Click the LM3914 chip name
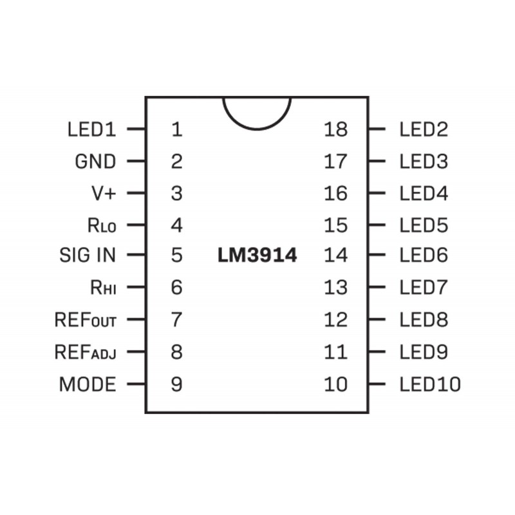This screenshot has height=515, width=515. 257,255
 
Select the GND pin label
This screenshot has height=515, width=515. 95,162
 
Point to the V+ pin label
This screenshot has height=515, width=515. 104,193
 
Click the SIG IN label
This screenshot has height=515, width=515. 88,255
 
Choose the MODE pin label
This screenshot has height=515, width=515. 88,384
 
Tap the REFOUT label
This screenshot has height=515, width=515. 86,319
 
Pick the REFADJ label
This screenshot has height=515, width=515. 86,351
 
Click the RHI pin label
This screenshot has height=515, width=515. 103,287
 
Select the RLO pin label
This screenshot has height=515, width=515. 102,225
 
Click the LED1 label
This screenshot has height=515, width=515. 91,129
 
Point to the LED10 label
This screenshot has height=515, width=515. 430,384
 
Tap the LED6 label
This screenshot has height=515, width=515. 424,255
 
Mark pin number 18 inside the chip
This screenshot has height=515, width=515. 335,129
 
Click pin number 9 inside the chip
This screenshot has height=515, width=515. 176,384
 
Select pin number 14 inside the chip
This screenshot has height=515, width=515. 335,255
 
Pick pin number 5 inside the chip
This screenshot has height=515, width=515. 176,255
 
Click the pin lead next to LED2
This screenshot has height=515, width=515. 377,129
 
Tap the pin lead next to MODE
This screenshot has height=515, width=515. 136,384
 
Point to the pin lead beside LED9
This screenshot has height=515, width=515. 377,351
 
